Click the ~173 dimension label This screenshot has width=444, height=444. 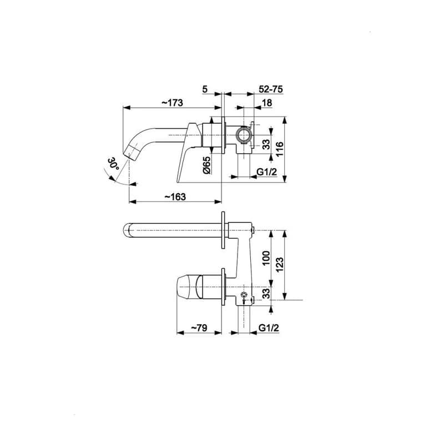[172, 103]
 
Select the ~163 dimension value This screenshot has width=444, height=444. [175, 196]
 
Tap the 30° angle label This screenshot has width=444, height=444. [113, 164]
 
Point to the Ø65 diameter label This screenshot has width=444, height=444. [206, 165]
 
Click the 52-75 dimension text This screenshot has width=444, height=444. [271, 89]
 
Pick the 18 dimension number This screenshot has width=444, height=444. [267, 103]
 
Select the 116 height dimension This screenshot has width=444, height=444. [280, 149]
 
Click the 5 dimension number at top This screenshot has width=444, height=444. [205, 89]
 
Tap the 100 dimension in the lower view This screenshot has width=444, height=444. [266, 258]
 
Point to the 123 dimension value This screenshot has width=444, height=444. [280, 265]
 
